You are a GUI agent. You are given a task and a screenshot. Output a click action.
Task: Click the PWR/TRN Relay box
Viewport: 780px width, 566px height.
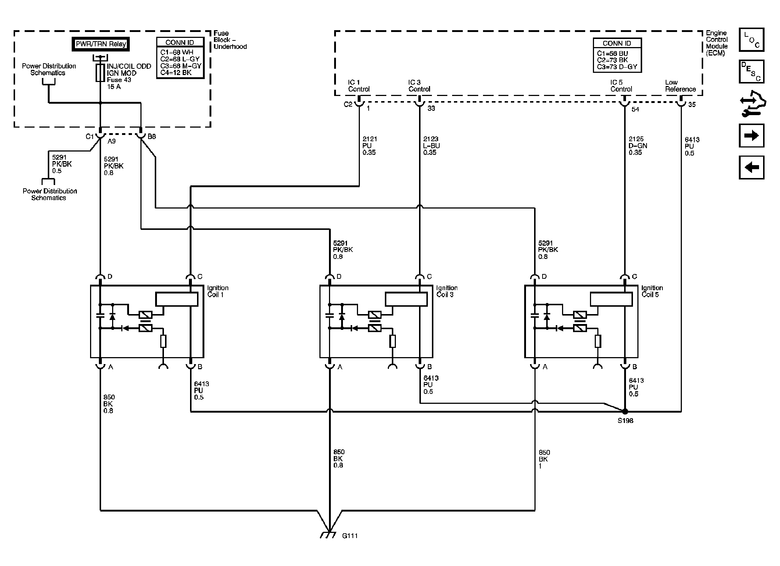point(100,44)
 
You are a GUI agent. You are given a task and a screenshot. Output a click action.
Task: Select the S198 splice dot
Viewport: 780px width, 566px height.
point(625,412)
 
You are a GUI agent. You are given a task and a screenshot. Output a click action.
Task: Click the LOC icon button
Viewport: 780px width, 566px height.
point(751,40)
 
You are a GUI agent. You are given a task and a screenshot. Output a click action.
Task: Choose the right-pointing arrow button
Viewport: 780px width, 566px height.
point(751,135)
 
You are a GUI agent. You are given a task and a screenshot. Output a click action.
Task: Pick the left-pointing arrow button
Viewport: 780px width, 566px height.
point(751,167)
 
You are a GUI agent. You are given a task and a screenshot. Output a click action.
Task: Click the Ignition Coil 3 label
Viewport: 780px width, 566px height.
point(447,291)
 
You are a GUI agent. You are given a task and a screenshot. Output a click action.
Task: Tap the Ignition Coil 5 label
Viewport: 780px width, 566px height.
point(652,291)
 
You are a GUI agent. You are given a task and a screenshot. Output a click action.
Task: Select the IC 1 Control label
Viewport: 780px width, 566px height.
point(359,86)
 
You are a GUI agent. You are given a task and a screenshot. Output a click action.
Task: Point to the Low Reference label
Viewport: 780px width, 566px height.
point(680,86)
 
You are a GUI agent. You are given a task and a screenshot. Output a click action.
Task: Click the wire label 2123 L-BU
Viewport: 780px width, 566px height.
point(432,146)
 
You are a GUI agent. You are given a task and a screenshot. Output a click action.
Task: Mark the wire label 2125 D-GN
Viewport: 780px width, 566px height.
point(638,146)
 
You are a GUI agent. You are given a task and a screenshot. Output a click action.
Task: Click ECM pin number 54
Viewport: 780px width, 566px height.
point(635,109)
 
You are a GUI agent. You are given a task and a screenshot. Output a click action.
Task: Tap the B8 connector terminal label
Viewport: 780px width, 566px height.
point(152,136)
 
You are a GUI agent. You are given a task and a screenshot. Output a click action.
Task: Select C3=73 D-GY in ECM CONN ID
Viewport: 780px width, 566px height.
point(617,67)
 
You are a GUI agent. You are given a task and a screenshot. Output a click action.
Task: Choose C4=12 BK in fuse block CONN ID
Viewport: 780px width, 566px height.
point(176,72)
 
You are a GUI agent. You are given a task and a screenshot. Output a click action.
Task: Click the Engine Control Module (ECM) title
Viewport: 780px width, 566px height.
point(716,43)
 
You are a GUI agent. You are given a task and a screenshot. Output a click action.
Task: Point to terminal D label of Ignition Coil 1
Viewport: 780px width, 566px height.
point(110,277)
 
